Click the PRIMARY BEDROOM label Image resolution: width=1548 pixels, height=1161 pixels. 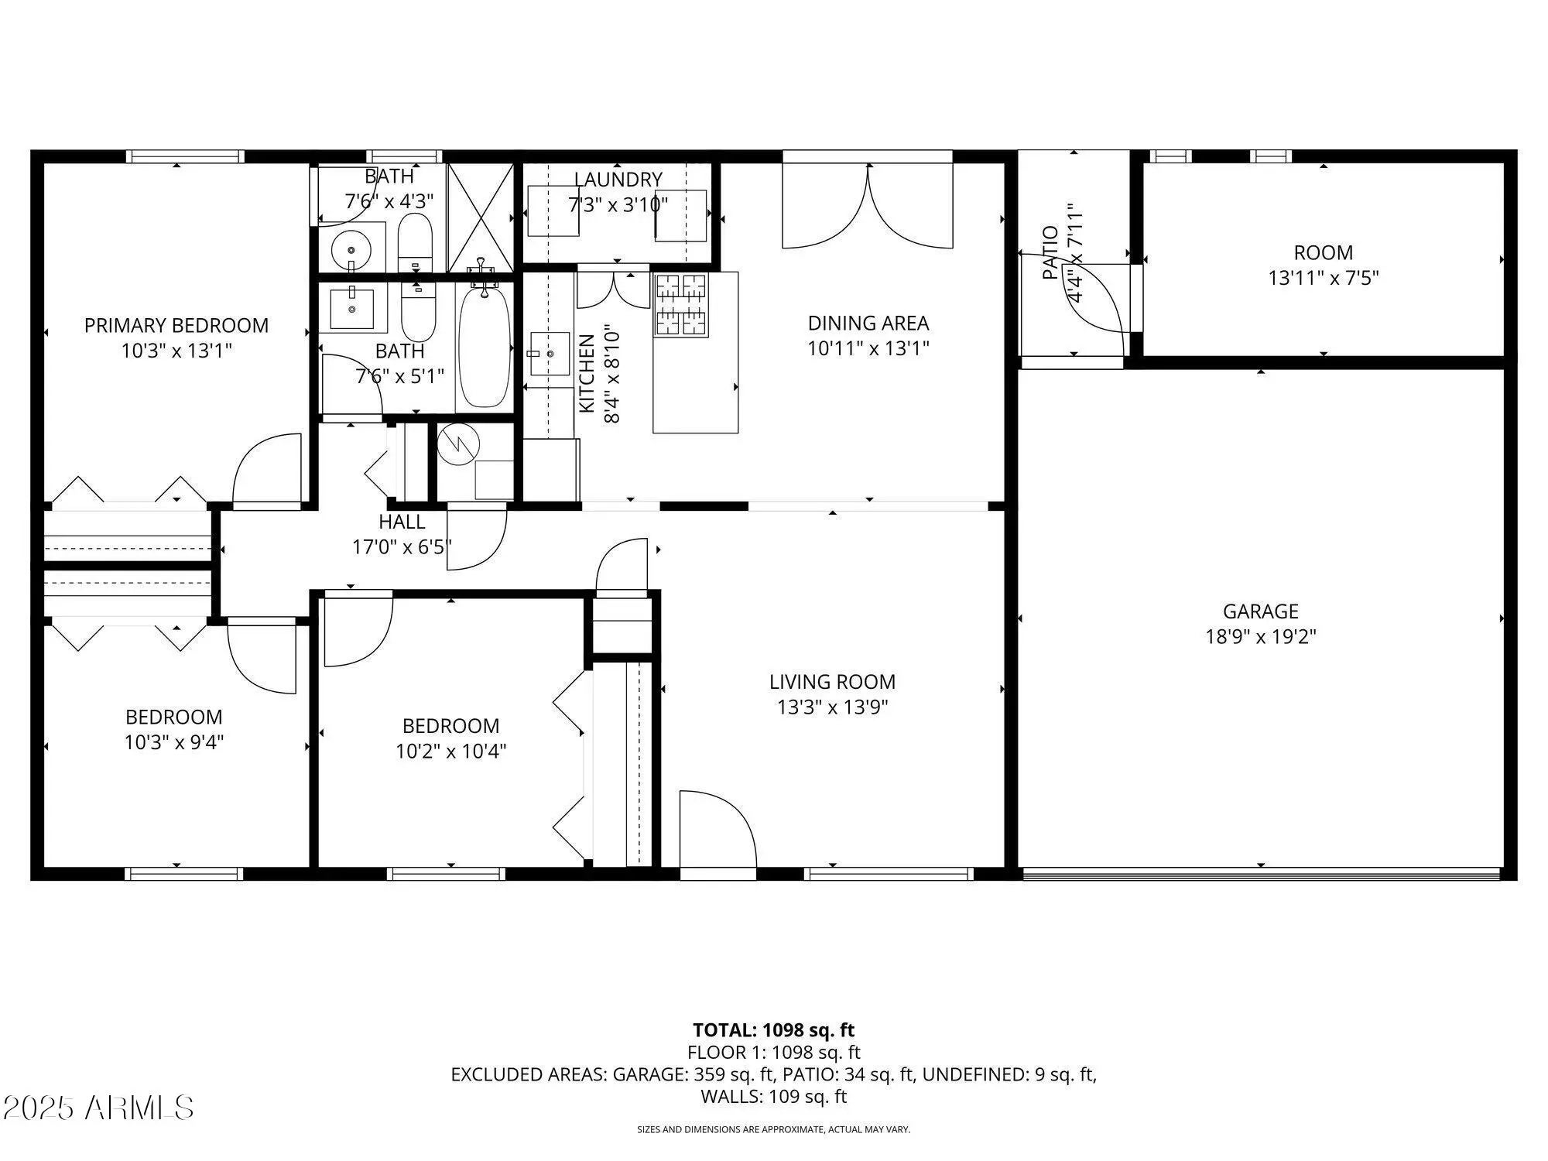(176, 325)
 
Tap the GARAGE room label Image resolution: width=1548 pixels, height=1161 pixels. (1261, 611)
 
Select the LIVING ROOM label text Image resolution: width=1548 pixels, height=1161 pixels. (832, 682)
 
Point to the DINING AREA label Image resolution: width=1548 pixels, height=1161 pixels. (868, 323)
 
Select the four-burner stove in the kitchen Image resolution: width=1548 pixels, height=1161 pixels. (682, 305)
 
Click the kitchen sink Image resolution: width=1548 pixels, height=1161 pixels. (550, 354)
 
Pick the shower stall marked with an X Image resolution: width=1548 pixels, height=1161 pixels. (481, 217)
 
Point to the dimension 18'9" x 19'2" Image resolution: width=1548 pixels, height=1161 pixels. (1261, 637)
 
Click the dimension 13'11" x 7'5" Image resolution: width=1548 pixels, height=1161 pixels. (1324, 278)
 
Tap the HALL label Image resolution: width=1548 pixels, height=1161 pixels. (402, 522)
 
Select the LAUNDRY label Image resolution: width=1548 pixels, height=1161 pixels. (618, 180)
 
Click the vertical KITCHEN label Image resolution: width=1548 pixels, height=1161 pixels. (587, 373)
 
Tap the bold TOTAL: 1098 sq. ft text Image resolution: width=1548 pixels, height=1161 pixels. (773, 1030)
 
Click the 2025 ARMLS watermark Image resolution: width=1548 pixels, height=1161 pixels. (98, 1108)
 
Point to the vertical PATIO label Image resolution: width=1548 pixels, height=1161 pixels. (1050, 252)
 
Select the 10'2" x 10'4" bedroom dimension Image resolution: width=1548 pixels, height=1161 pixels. (451, 751)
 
